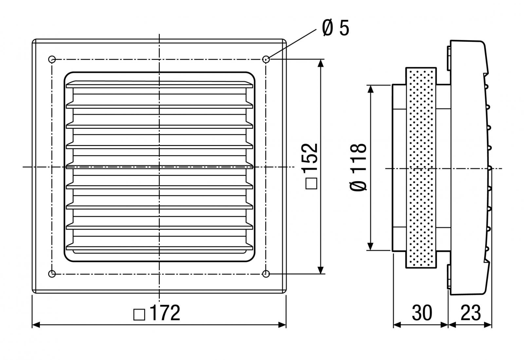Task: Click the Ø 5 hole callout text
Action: pyautogui.click(x=336, y=28)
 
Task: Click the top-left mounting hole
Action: pyautogui.click(x=52, y=59)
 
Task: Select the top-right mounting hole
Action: pyautogui.click(x=266, y=59)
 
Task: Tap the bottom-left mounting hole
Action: pyautogui.click(x=52, y=274)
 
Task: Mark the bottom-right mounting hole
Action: pyautogui.click(x=266, y=274)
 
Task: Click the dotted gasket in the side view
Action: pyautogui.click(x=421, y=167)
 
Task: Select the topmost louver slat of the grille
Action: pyautogui.click(x=159, y=85)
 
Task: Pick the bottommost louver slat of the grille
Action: pyautogui.click(x=159, y=246)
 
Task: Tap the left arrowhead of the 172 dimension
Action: pyautogui.click(x=36, y=325)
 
